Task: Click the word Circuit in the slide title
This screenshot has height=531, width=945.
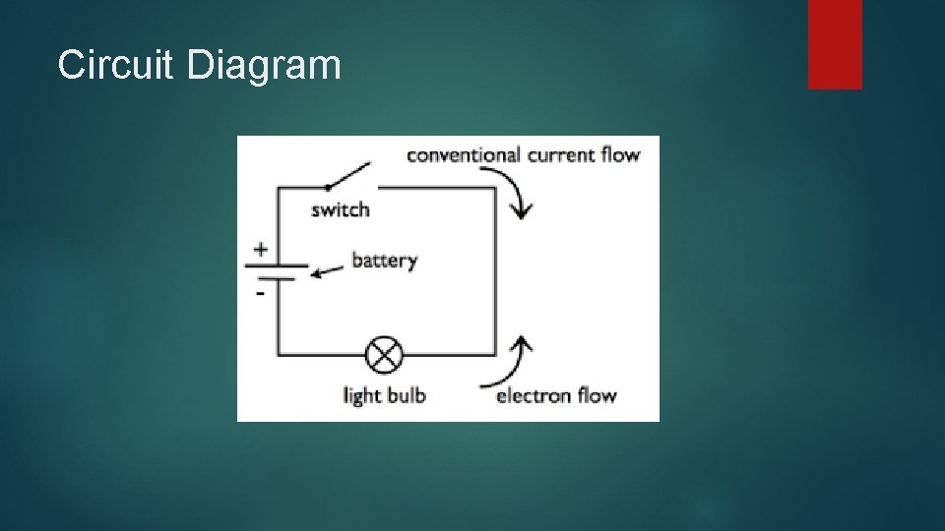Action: [116, 66]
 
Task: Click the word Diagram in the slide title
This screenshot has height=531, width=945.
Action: [263, 66]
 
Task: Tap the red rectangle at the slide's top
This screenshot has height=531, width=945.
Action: [835, 44]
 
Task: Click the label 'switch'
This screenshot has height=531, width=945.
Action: [341, 209]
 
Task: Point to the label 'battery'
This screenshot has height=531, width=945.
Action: [384, 261]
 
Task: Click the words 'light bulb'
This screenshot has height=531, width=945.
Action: [384, 396]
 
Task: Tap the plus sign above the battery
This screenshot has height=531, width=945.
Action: [260, 250]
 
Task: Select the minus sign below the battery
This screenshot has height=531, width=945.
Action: [260, 293]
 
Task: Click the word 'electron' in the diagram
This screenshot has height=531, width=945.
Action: [534, 396]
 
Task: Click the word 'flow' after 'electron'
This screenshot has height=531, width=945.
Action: [597, 396]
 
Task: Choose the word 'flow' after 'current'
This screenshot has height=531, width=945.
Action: [621, 155]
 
